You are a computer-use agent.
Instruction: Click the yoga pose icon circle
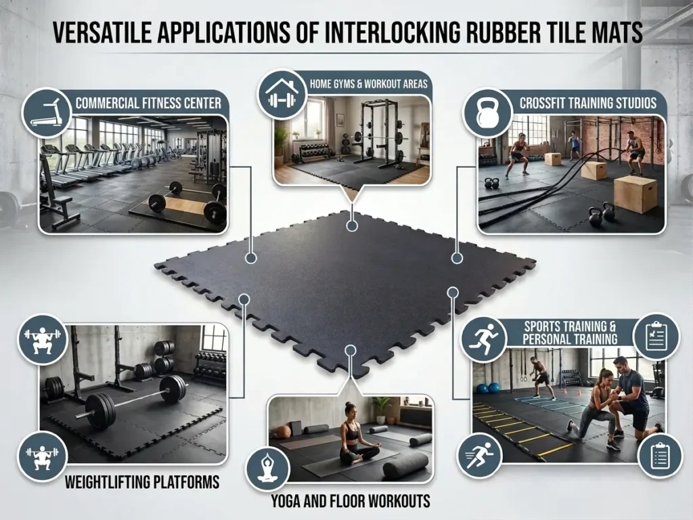[x=269, y=467]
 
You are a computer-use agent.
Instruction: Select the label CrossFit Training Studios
[x=587, y=103]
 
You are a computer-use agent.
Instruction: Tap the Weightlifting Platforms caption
[x=142, y=482]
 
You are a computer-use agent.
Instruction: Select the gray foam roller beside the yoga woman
[x=405, y=465]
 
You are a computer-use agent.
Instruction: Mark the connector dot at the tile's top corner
[x=351, y=225]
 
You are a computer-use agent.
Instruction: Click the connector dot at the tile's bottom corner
[x=350, y=349]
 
